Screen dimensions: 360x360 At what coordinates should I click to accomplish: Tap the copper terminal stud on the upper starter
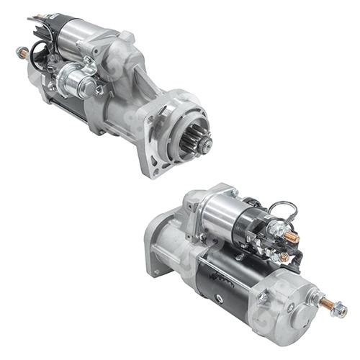22,53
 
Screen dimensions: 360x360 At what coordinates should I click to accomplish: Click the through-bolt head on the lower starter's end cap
264,296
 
